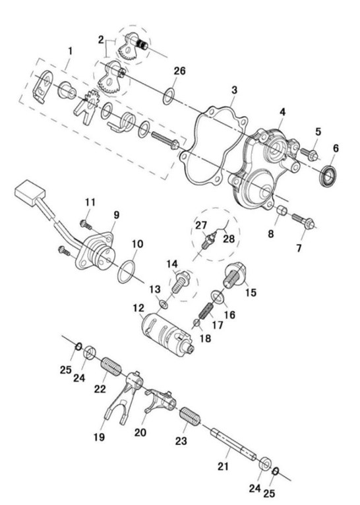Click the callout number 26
[x=180, y=71]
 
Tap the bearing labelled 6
[x=328, y=176]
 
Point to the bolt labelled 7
[x=304, y=222]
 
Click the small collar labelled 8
[x=282, y=211]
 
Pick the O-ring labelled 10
[x=126, y=272]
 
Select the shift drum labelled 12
[x=167, y=334]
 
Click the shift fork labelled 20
[x=160, y=401]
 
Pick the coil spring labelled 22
[x=111, y=366]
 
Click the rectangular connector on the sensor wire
[x=30, y=193]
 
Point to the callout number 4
[x=282, y=112]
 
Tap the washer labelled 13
[x=164, y=304]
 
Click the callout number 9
[x=116, y=215]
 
